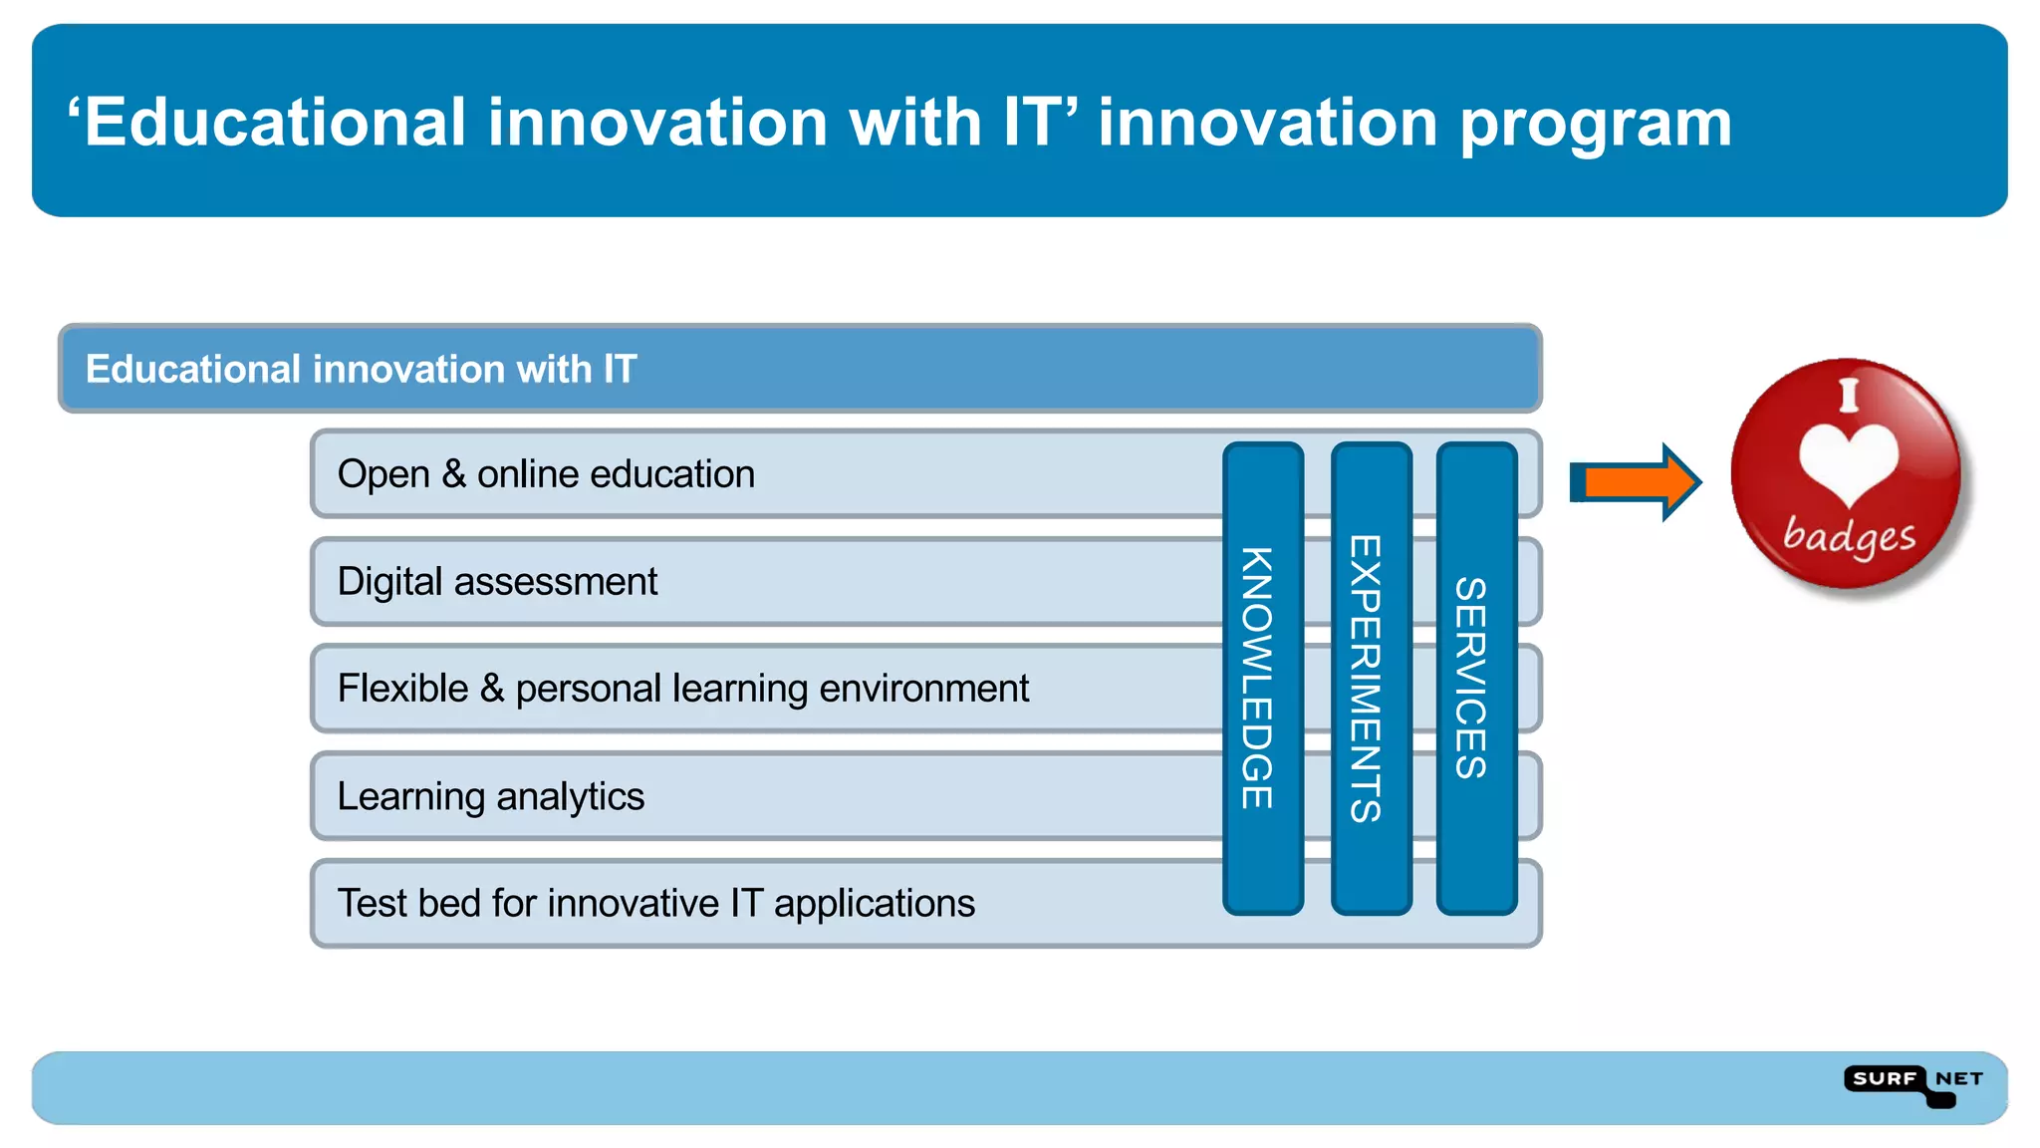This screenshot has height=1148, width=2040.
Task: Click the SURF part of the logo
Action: coord(1885,1079)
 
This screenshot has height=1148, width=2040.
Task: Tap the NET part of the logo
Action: coord(1958,1079)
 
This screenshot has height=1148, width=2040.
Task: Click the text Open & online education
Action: coord(546,474)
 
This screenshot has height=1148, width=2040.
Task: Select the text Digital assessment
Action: coord(497,582)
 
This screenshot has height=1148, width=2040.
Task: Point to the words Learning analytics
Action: coord(490,797)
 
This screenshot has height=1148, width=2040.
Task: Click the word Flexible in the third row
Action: coord(402,689)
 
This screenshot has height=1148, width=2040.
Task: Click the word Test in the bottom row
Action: coord(373,903)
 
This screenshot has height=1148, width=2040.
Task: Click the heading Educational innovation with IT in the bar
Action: coord(361,370)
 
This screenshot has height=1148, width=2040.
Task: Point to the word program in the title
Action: coord(1596,125)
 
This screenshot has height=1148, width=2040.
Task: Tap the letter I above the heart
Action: coord(1849,396)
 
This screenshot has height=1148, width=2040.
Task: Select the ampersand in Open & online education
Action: coord(454,474)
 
